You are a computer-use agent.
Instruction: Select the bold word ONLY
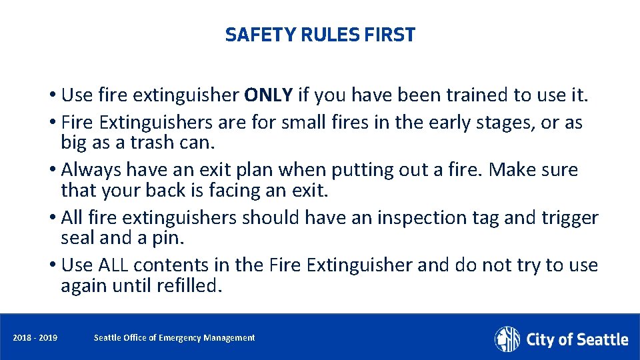coord(269,95)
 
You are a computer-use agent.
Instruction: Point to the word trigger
coord(571,217)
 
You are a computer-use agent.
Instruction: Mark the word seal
coord(77,237)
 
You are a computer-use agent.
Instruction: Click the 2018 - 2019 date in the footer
coord(35,338)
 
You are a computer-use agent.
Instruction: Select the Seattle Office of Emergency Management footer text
coord(174,338)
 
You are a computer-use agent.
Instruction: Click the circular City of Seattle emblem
coord(507,339)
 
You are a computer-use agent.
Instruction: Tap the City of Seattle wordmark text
coord(577,339)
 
